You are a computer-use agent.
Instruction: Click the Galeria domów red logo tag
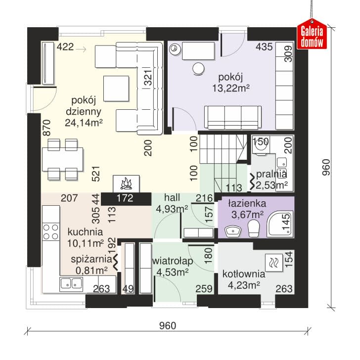[x=312, y=35]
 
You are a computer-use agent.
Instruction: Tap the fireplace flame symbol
[x=126, y=184]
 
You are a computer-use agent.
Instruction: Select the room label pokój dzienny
[x=84, y=106]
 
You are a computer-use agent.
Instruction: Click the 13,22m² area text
[x=231, y=88]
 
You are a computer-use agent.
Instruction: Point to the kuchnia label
[x=85, y=232]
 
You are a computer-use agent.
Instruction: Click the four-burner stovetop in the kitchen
[x=51, y=232]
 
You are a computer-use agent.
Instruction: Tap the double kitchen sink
[x=71, y=284]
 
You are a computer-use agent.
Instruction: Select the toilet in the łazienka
[x=254, y=228]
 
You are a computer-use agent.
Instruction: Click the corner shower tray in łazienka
[x=280, y=225]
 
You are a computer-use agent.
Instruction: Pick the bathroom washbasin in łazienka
[x=233, y=231]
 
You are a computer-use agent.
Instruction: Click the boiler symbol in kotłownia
[x=273, y=262]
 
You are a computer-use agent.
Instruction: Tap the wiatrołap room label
[x=173, y=261]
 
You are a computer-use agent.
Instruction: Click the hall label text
[x=172, y=197]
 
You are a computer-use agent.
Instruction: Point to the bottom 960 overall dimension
[x=168, y=325]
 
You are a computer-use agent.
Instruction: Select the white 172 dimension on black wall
[x=125, y=198]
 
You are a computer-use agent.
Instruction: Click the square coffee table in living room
[x=116, y=89]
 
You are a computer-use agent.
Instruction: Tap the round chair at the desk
[x=198, y=69]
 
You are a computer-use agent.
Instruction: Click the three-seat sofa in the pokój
[x=233, y=118]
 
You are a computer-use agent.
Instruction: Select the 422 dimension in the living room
[x=65, y=47]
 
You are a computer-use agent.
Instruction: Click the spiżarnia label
[x=91, y=259]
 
